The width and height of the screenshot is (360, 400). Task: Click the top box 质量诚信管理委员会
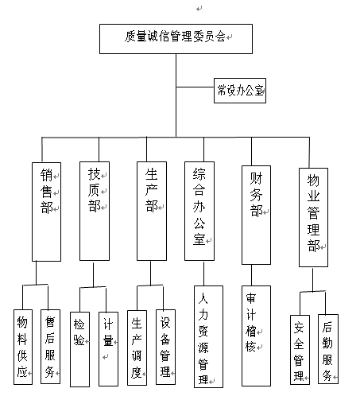click(176, 39)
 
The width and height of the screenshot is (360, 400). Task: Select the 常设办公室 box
click(240, 91)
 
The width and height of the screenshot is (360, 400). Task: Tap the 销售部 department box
click(46, 212)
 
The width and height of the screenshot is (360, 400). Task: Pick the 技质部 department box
click(95, 211)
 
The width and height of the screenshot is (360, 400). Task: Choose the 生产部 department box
click(152, 211)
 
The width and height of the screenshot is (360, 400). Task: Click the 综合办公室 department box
click(199, 211)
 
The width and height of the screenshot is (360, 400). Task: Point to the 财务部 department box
click(256, 215)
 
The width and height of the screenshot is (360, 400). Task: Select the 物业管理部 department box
click(313, 217)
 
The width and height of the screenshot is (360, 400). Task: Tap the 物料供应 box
click(23, 347)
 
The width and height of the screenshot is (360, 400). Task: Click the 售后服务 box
click(50, 347)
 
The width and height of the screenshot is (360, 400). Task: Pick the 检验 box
click(79, 349)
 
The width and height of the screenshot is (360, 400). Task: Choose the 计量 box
click(108, 349)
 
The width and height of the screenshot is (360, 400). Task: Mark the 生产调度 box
click(137, 348)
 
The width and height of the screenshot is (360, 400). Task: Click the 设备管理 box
click(165, 347)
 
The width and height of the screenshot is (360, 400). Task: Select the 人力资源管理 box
click(208, 336)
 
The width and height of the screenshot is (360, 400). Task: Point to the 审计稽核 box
click(256, 336)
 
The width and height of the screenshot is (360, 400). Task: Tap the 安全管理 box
click(300, 350)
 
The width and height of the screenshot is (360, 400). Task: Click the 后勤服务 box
click(328, 349)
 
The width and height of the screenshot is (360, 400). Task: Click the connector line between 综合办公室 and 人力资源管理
click(203, 274)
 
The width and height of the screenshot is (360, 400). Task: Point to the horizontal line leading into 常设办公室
click(195, 87)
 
